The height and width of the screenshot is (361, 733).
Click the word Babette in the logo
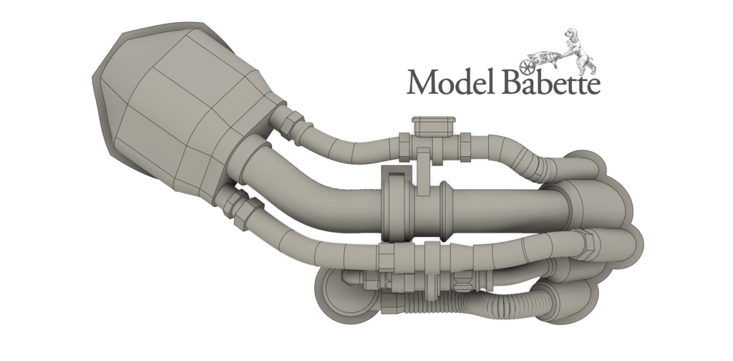[551, 82]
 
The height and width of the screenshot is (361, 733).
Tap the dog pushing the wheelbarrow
[578, 51]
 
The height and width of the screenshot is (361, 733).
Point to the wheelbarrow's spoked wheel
[527, 67]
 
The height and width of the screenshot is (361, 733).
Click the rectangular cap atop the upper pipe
[433, 126]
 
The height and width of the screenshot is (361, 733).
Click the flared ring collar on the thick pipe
[445, 211]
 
